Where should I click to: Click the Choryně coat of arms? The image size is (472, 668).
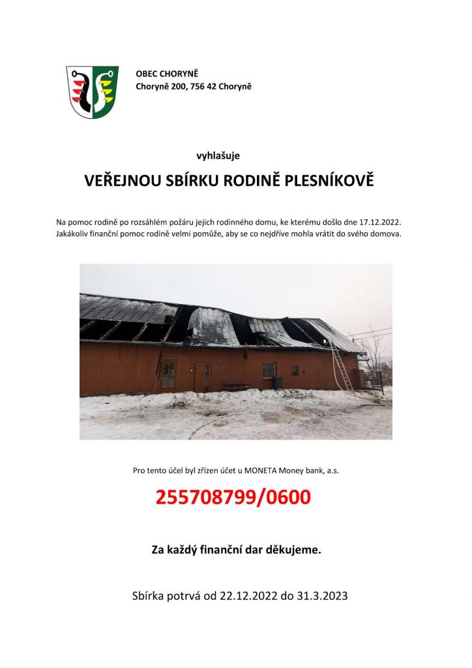pyautogui.click(x=92, y=91)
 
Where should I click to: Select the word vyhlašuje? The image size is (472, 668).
pyautogui.click(x=218, y=155)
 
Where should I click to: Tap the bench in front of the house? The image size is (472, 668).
pyautogui.click(x=235, y=386)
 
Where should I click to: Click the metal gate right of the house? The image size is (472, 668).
pyautogui.click(x=373, y=380)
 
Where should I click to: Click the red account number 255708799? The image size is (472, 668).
pyautogui.click(x=205, y=498)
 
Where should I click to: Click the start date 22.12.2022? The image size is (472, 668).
pyautogui.click(x=249, y=596)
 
